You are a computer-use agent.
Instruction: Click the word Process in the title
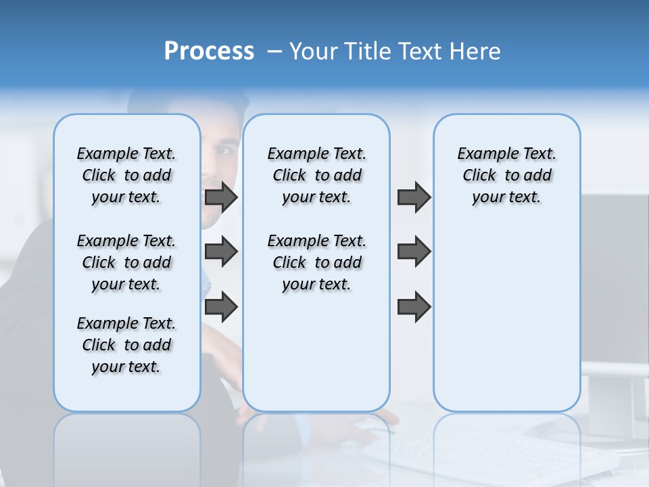[209, 51]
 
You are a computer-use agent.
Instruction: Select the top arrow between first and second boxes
[221, 198]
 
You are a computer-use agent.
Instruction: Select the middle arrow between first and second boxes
[221, 252]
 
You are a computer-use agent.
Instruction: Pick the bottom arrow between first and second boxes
[221, 306]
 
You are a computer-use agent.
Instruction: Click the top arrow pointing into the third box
[414, 198]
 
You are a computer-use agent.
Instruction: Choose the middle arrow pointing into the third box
[414, 252]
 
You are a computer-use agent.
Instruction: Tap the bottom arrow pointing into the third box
[414, 306]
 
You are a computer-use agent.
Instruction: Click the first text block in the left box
[126, 175]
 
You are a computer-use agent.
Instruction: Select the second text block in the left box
[126, 262]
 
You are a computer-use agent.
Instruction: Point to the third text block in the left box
[126, 345]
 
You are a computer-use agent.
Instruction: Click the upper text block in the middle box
[316, 175]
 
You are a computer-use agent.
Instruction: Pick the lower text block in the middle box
[316, 262]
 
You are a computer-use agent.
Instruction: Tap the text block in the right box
[506, 175]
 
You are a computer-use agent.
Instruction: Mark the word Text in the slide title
[416, 51]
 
